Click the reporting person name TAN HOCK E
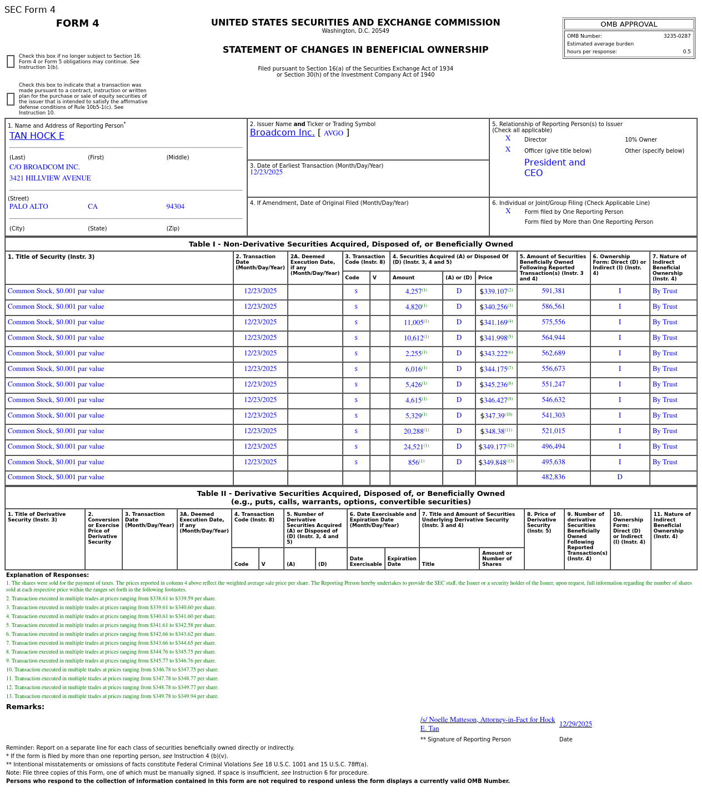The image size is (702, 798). (37, 136)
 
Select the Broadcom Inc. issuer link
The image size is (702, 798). (282, 133)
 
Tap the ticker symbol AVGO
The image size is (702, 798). (333, 133)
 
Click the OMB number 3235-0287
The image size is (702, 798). (676, 36)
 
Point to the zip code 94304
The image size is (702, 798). (175, 207)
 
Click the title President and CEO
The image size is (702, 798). (554, 168)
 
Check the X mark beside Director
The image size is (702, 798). (508, 139)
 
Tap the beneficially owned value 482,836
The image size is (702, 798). (553, 477)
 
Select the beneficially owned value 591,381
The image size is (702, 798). (553, 291)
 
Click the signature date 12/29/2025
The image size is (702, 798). (575, 724)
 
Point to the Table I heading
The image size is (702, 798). (350, 244)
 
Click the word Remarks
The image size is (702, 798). (25, 707)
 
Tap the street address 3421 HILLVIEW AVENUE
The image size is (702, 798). (50, 178)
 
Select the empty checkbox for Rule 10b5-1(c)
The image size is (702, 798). (11, 99)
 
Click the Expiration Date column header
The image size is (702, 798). (402, 561)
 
